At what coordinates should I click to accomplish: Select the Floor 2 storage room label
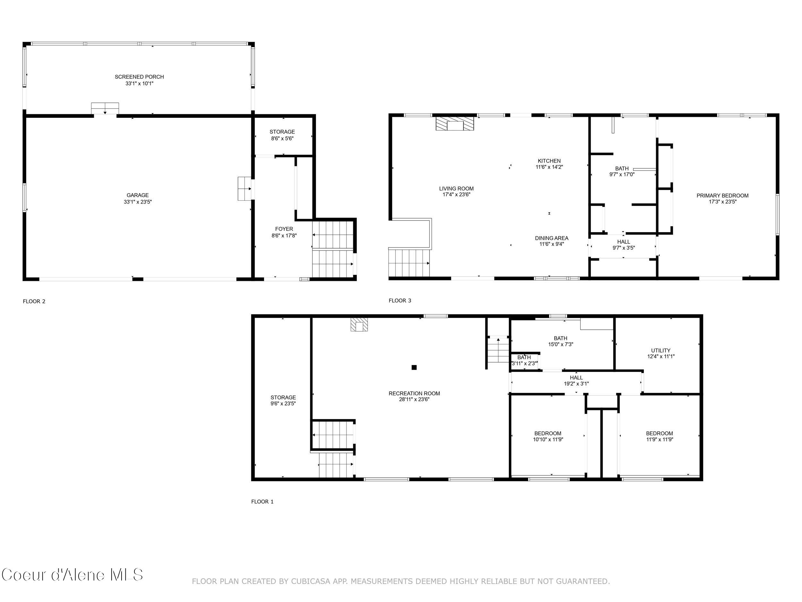pyautogui.click(x=282, y=132)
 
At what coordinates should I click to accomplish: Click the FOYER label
pyautogui.click(x=284, y=229)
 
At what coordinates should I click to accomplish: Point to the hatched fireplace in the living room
pyautogui.click(x=455, y=124)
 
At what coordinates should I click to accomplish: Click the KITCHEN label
pyautogui.click(x=549, y=161)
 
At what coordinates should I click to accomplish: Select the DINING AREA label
pyautogui.click(x=551, y=238)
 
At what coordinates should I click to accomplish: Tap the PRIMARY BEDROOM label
pyautogui.click(x=722, y=196)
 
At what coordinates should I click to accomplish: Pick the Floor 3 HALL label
pyautogui.click(x=623, y=242)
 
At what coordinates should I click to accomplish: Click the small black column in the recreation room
pyautogui.click(x=414, y=367)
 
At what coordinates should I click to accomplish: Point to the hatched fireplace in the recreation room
pyautogui.click(x=359, y=325)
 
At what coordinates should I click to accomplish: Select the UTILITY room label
pyautogui.click(x=661, y=350)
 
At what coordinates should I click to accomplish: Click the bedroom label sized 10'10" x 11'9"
pyautogui.click(x=548, y=433)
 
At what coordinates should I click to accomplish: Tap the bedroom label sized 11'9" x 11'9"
pyautogui.click(x=659, y=433)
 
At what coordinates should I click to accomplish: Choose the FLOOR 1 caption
pyautogui.click(x=262, y=502)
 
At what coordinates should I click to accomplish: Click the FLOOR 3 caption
pyautogui.click(x=400, y=301)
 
